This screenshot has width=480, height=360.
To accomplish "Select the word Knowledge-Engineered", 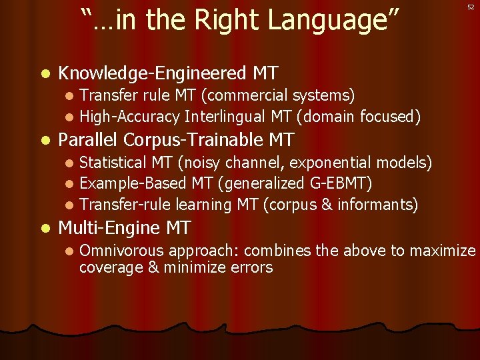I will tap(153, 73).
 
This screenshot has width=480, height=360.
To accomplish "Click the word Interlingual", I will tap(225, 117).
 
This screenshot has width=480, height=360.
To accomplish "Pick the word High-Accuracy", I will tap(129, 117).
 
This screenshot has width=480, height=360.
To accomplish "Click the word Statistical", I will tap(113, 162).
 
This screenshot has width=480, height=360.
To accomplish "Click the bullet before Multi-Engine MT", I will tap(45, 229).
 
